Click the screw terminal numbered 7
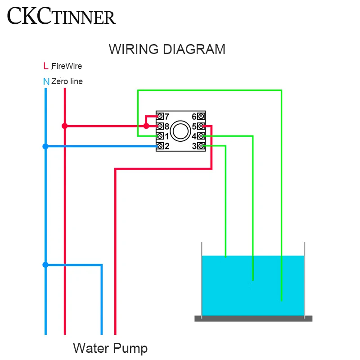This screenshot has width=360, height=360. coord(160,117)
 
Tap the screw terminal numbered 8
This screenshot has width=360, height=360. coord(160,126)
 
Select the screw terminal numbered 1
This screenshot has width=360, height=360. coord(160,136)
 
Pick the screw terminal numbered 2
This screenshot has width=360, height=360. coord(160,146)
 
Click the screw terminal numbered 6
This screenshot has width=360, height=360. coord(201,117)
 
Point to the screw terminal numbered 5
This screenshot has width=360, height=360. coord(201,126)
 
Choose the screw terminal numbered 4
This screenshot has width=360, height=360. coord(201,136)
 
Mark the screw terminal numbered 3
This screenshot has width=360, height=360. coord(201,146)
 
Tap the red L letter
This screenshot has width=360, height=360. coord(46,66)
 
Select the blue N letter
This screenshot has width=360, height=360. coord(46,81)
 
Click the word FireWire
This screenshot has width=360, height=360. coord(67,66)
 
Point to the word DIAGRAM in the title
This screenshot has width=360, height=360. coord(194,49)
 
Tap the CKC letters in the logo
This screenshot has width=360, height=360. coord(29,16)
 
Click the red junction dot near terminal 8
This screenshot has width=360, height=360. coord(146,126)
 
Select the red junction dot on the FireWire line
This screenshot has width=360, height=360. coord(65,126)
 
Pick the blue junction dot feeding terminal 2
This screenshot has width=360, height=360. coord(45,146)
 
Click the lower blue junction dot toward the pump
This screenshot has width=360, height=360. coord(45,265)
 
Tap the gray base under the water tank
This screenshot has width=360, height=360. coord(253,319)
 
